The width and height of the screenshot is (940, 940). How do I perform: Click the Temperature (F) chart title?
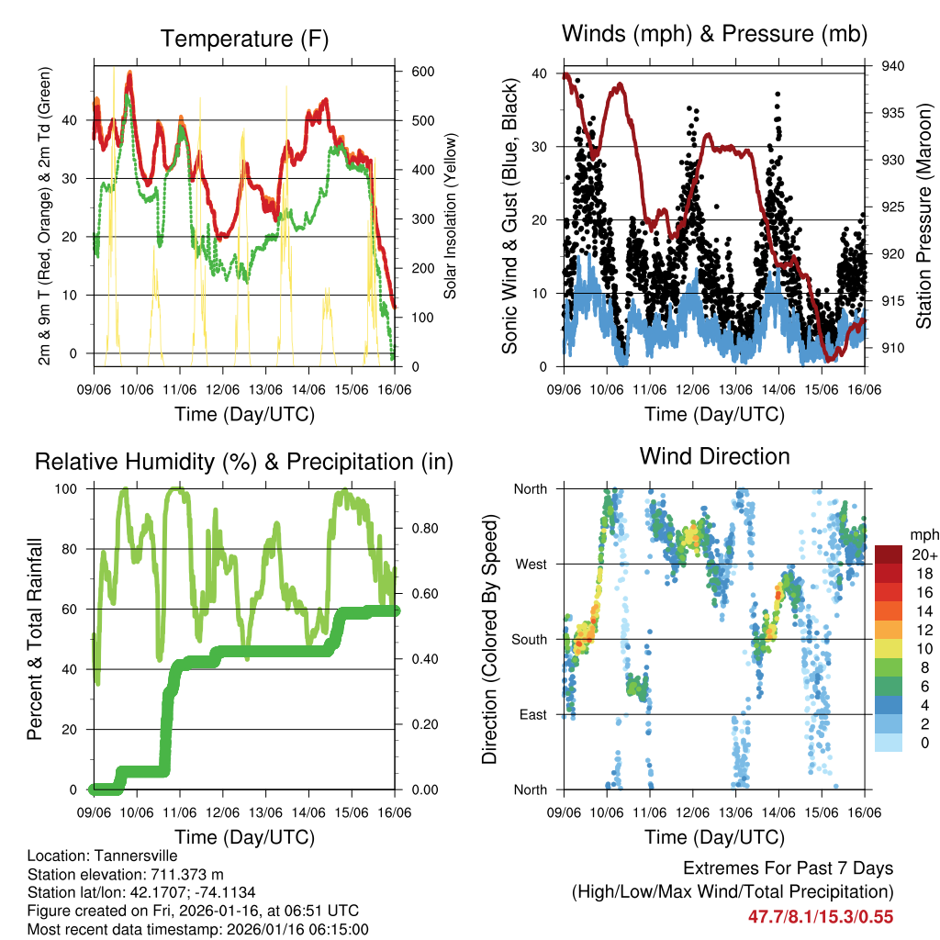243,39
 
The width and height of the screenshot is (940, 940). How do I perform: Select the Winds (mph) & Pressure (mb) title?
714,34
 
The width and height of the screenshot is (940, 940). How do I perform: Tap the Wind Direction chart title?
714,456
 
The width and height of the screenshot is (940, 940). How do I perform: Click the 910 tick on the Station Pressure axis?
891,348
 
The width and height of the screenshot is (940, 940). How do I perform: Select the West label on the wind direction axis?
530,564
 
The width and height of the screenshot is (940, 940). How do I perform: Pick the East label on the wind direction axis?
532,714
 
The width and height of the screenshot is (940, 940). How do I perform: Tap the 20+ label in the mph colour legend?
922,554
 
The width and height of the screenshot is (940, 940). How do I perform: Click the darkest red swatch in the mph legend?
889,554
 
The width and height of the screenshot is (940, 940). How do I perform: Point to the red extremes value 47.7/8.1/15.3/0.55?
821,916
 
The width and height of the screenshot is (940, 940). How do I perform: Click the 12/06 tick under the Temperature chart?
222,389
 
